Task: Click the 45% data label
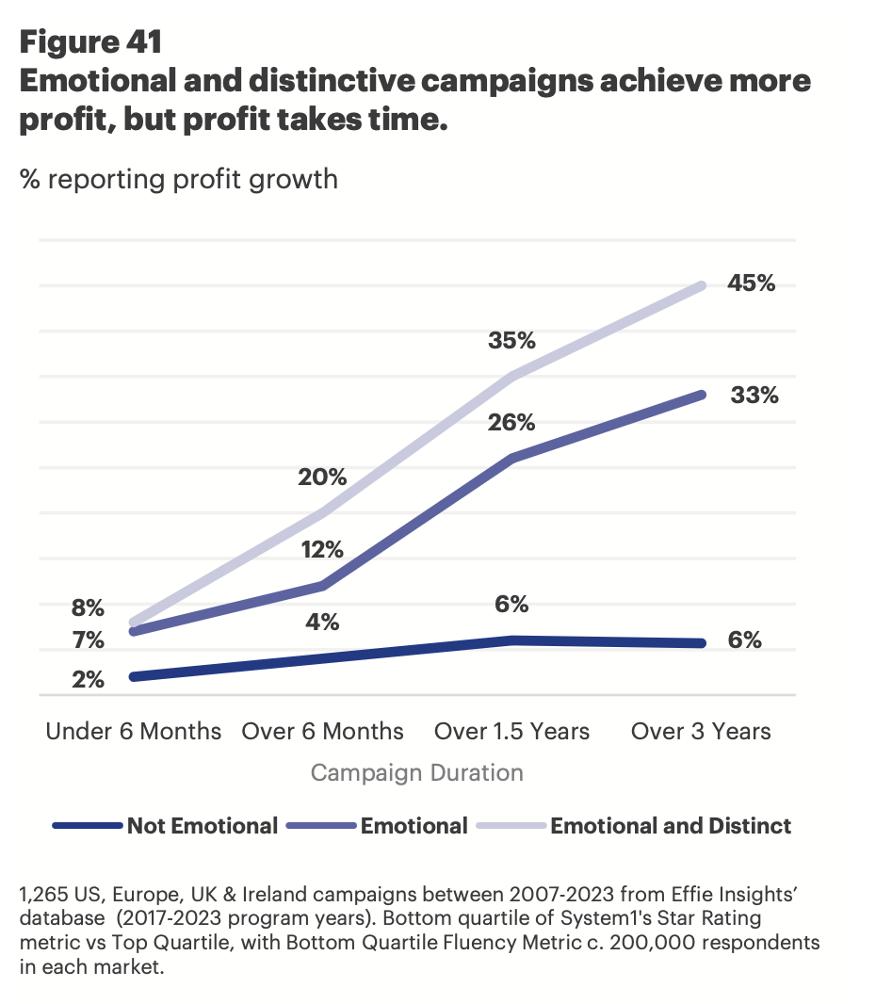point(751,283)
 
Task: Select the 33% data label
point(754,396)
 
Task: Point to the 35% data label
point(511,340)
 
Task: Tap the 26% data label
point(511,423)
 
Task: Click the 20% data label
point(322,478)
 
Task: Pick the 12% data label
point(322,550)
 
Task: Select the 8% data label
point(88,607)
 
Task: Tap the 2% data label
point(88,678)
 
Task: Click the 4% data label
point(322,623)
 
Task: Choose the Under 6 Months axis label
point(134,732)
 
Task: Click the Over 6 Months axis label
point(322,732)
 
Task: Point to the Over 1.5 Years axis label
point(511,732)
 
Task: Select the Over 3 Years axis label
point(701,732)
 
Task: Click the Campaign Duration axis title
point(416,773)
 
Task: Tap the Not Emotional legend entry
point(203,826)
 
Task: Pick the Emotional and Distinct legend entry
point(671,826)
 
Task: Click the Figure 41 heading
point(90,41)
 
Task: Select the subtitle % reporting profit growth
point(178,178)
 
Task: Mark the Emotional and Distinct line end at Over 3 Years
point(703,284)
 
